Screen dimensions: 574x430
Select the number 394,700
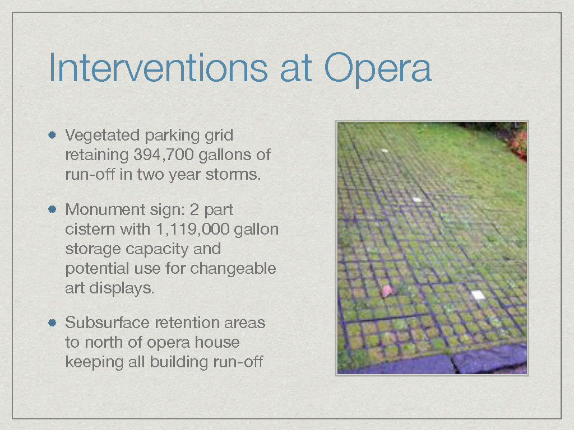click(x=163, y=155)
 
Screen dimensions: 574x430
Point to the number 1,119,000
click(x=193, y=230)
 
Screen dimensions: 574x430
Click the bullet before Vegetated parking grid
click(x=52, y=135)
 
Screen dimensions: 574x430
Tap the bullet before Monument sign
click(x=52, y=209)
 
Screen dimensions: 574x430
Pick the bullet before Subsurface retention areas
click(x=52, y=322)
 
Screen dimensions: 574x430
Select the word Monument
click(x=105, y=209)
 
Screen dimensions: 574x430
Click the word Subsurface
click(x=108, y=322)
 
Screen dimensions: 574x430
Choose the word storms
click(x=233, y=175)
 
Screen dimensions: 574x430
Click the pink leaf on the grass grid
click(x=387, y=291)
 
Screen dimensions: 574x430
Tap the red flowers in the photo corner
click(x=517, y=144)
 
